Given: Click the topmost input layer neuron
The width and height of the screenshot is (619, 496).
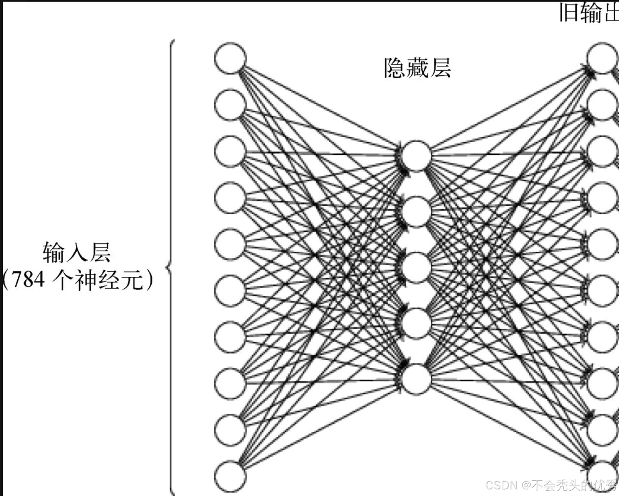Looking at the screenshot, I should click(x=230, y=58).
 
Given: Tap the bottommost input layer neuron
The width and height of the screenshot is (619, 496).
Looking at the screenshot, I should click(x=230, y=476).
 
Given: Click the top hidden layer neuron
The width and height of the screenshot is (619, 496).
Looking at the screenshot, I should click(x=416, y=156).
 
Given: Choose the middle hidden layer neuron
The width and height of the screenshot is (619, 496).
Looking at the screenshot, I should click(x=416, y=268).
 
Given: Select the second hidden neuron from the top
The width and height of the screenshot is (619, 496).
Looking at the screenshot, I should click(x=416, y=212).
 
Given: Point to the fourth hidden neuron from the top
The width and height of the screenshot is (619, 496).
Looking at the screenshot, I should click(x=416, y=323).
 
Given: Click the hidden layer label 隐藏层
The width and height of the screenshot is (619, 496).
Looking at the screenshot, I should click(x=417, y=68).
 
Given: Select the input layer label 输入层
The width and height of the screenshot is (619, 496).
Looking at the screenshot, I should click(x=77, y=252).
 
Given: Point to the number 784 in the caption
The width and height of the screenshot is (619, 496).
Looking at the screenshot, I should click(x=28, y=280).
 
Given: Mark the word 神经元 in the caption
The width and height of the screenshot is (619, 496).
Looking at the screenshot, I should click(x=109, y=280).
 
